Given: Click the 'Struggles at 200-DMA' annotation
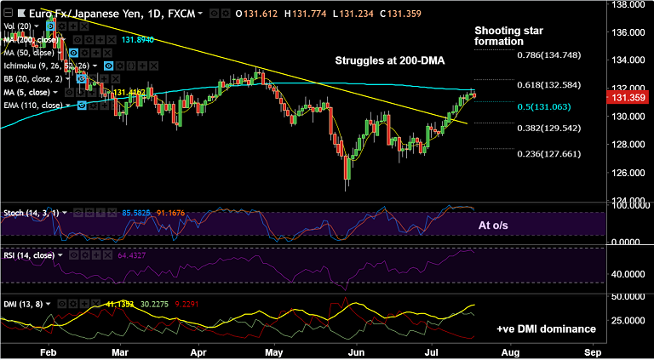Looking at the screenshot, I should tap(390, 62).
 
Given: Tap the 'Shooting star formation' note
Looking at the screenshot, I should tap(508, 36).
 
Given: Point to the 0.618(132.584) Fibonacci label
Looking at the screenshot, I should tap(548, 85).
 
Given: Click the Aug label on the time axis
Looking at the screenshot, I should tap(510, 351).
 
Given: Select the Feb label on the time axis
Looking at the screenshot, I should tap(48, 351).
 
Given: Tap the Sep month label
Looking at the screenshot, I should tap(592, 351).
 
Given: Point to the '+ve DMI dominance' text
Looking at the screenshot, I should tap(546, 329).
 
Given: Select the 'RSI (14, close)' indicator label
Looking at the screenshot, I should tap(29, 254).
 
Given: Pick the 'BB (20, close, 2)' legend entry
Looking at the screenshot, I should tap(32, 77).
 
